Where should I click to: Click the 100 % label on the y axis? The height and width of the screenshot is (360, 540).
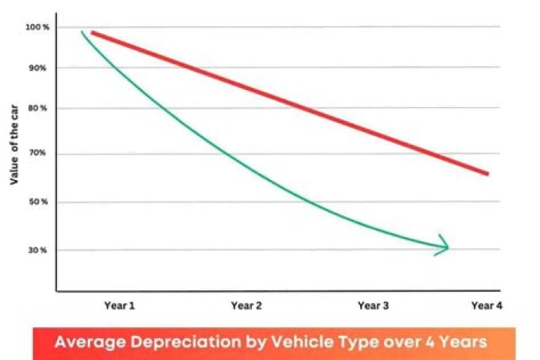36,28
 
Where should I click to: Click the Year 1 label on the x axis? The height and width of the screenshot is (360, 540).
120,305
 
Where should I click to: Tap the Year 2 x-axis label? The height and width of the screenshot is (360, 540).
246,305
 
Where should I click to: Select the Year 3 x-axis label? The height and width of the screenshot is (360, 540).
373,305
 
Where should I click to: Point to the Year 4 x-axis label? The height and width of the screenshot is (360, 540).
486,305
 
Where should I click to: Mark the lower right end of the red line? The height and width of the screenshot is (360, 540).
487,173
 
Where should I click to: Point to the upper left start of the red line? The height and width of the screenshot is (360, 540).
93,33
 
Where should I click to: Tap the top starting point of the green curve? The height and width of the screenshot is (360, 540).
82,31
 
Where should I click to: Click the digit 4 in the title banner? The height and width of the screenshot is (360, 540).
427,342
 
